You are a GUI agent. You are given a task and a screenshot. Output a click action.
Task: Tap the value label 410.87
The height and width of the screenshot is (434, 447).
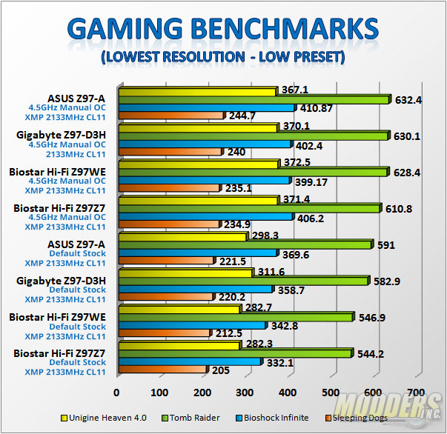pos(317,108)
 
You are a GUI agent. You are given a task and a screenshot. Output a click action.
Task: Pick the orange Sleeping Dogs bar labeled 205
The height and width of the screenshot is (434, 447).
pos(162,369)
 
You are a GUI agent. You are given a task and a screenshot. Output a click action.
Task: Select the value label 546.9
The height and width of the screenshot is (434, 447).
pos(371,317)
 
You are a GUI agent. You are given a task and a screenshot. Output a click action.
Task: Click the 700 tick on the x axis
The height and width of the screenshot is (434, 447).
pos(417,392)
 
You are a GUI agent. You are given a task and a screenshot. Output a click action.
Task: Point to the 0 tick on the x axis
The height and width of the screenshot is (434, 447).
pos(116,392)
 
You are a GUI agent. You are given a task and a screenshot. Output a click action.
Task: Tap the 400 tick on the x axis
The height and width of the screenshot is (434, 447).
pos(288,392)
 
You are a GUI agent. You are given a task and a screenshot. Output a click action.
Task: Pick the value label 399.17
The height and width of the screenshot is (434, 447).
pos(311,181)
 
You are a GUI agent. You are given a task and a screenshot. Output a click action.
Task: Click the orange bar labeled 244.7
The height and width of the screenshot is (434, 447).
pos(170,116)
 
